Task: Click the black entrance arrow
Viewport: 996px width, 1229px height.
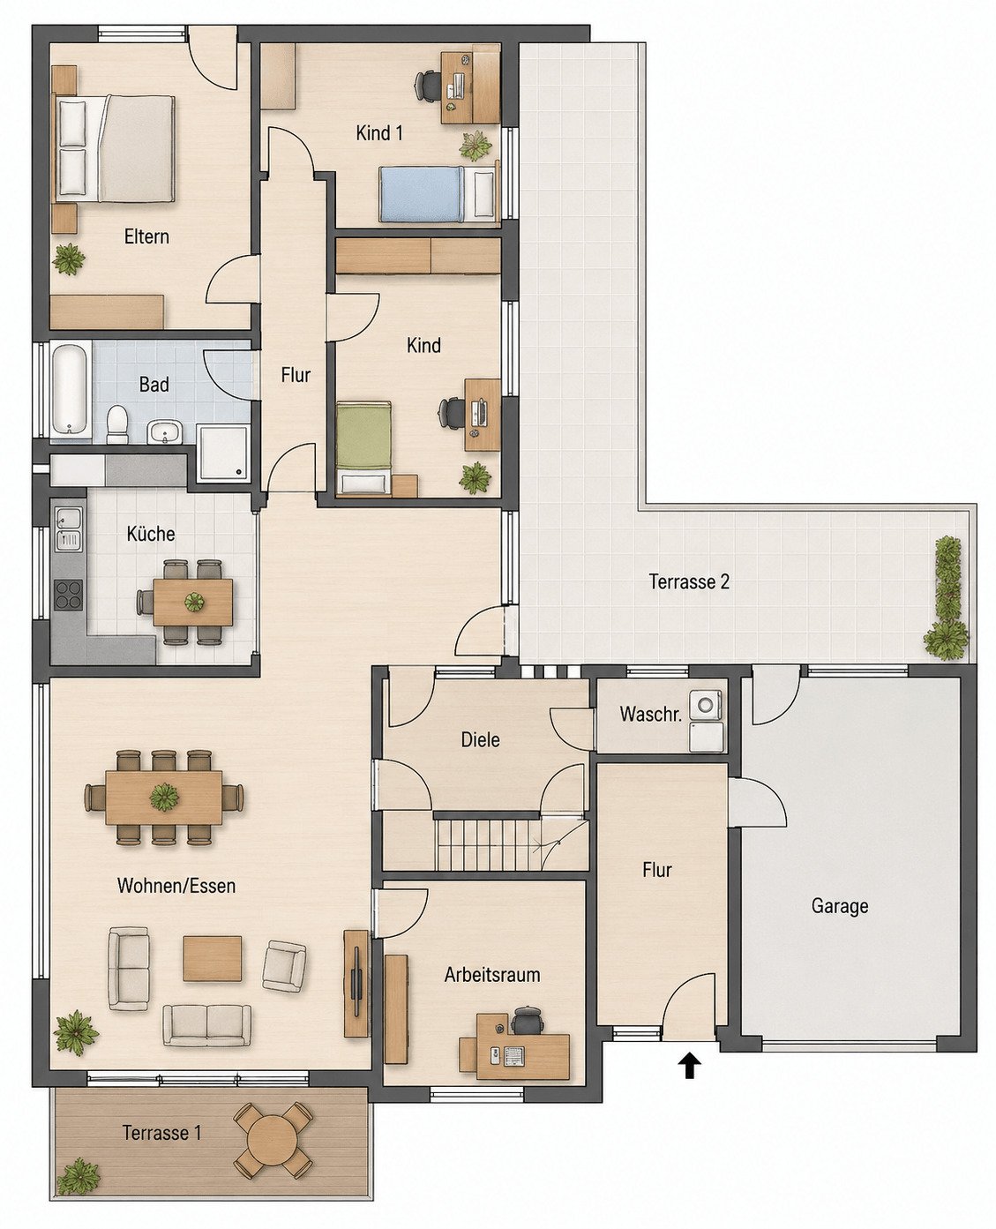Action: coord(689,1066)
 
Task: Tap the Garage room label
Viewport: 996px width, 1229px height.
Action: coord(839,905)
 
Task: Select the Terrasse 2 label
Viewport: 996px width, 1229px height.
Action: coord(689,581)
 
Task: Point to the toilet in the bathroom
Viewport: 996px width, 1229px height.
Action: coord(117,424)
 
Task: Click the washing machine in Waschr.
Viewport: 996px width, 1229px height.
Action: coord(708,705)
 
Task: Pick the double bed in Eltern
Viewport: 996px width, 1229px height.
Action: coord(116,149)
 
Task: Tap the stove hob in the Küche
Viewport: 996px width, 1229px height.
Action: coord(68,595)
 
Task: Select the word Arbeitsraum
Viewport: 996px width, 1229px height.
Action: coord(492,975)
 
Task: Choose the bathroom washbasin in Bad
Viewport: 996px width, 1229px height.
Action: coord(164,431)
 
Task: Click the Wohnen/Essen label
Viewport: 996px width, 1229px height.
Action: coord(176,885)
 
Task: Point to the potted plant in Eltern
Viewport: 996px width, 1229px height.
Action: coord(69,259)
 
